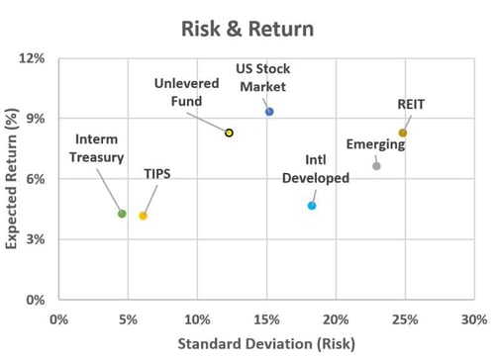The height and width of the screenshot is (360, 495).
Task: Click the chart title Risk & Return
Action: (x=247, y=28)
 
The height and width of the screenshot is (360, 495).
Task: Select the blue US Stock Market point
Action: (x=269, y=112)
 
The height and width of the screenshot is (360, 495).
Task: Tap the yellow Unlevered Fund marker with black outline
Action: (x=229, y=133)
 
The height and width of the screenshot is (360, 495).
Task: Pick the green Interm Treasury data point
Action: (x=122, y=214)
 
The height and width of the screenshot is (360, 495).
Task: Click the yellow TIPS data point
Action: (x=143, y=216)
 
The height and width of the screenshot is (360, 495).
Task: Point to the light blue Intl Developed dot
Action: (x=312, y=206)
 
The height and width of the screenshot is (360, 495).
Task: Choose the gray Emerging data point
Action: (x=376, y=166)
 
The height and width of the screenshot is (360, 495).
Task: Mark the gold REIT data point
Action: (x=403, y=133)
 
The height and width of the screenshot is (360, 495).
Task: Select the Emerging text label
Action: (x=375, y=144)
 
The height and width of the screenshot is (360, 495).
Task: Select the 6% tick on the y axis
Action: (x=36, y=179)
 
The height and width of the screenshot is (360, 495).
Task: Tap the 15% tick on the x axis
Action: (x=266, y=319)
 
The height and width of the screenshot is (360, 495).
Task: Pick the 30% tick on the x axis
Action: (x=473, y=319)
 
